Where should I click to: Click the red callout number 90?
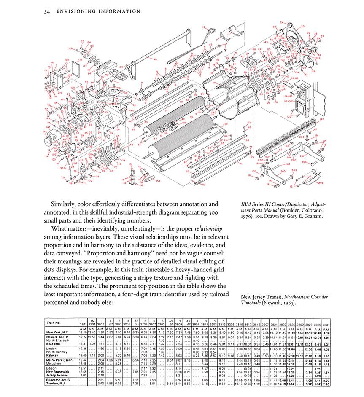tap(155, 59)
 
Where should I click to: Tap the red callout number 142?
tap(45, 132)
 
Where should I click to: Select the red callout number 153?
tap(158, 181)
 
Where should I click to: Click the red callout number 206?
tap(321, 183)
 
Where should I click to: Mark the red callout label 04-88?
tap(294, 78)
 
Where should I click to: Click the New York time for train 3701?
tap(82, 333)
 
